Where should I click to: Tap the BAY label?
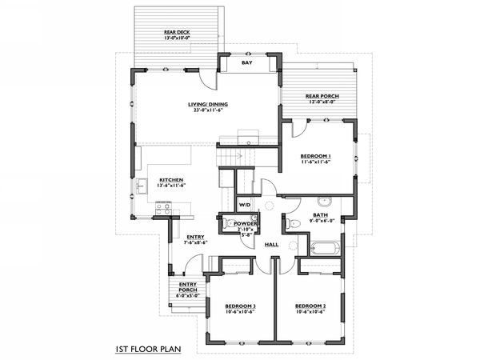pos(247,62)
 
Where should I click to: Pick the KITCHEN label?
pos(171,179)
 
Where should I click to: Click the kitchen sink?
pos(141,187)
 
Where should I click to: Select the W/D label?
pos(244,205)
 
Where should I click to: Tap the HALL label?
pos(271,243)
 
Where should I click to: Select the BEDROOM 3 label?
pos(240,306)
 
